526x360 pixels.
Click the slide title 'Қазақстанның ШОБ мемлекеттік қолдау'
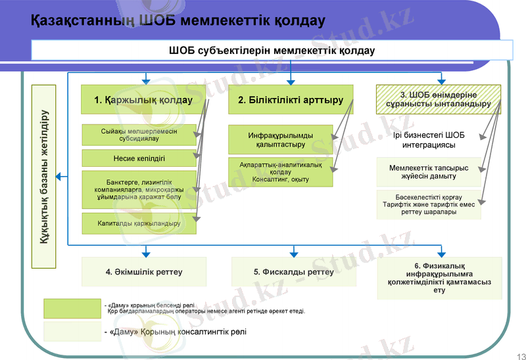(x=178, y=22)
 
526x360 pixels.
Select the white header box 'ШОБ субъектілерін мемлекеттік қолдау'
(x=272, y=51)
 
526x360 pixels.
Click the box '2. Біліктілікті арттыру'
(x=291, y=101)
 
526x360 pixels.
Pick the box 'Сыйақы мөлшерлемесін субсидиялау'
(x=139, y=135)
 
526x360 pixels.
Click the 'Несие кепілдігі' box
(x=139, y=158)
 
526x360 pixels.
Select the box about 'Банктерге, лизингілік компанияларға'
(x=139, y=189)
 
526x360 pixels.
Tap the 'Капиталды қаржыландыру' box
(x=139, y=223)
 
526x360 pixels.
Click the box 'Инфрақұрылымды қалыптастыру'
(x=281, y=140)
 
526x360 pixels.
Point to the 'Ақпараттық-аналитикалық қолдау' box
(x=281, y=171)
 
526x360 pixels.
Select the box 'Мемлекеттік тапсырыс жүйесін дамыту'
(x=428, y=172)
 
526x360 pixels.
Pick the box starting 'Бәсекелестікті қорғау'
(x=428, y=204)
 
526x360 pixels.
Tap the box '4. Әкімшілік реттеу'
(x=143, y=271)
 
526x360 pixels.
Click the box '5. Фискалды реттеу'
(x=293, y=271)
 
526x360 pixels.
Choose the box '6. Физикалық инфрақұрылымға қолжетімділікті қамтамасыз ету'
(x=439, y=277)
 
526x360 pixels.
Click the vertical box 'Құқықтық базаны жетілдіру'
(x=45, y=177)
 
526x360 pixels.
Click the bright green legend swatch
(x=72, y=308)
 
